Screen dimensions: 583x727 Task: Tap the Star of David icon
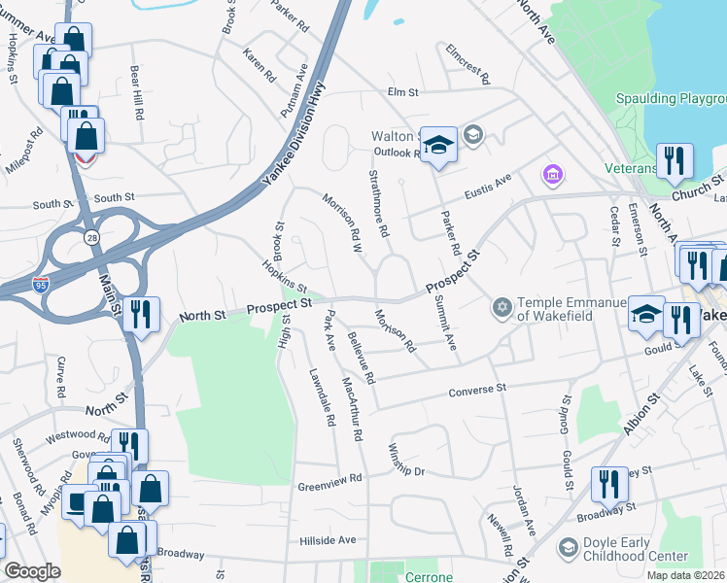(502, 308)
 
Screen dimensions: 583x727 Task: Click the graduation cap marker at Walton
(439, 146)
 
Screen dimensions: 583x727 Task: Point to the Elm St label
(401, 92)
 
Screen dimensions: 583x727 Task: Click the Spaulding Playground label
(672, 99)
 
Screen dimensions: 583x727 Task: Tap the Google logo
(33, 571)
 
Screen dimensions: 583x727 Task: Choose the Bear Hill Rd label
(138, 93)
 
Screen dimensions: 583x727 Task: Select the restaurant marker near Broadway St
(608, 483)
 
